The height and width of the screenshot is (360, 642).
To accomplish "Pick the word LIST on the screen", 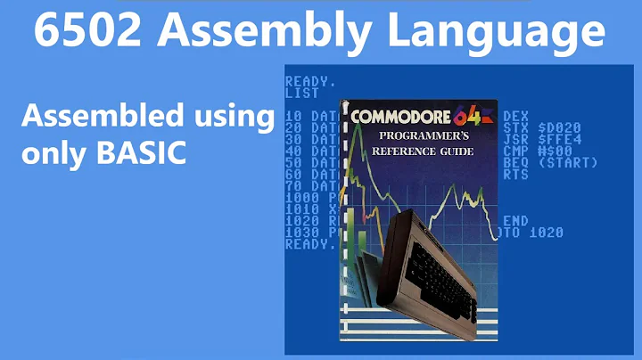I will click(302, 92).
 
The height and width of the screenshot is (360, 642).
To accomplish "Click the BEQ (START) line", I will click(545, 162).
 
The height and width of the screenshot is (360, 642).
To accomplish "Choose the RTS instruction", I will click(515, 174).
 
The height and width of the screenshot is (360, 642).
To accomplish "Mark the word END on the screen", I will click(515, 220).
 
